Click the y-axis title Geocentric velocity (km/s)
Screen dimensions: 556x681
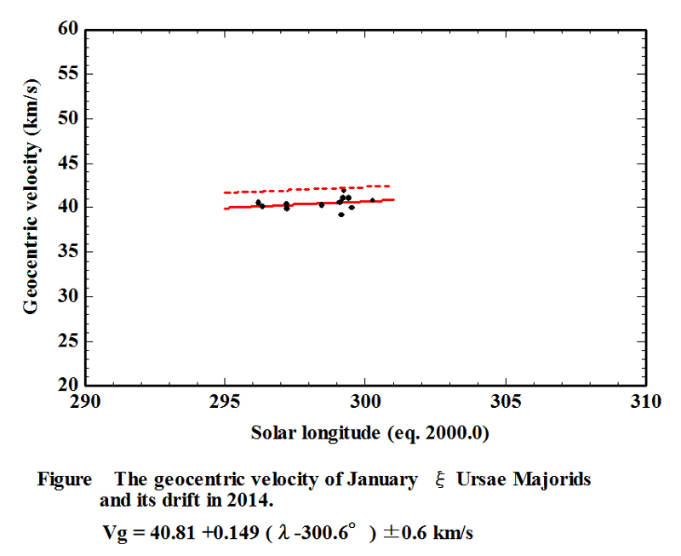[x=31, y=207]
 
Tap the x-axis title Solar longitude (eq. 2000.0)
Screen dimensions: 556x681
[x=369, y=433]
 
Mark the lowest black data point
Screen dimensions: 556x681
[x=341, y=215]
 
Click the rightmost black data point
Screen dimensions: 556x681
[x=372, y=200]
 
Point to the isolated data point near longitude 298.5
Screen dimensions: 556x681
[x=321, y=204]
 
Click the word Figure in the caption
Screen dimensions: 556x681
[x=64, y=479]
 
